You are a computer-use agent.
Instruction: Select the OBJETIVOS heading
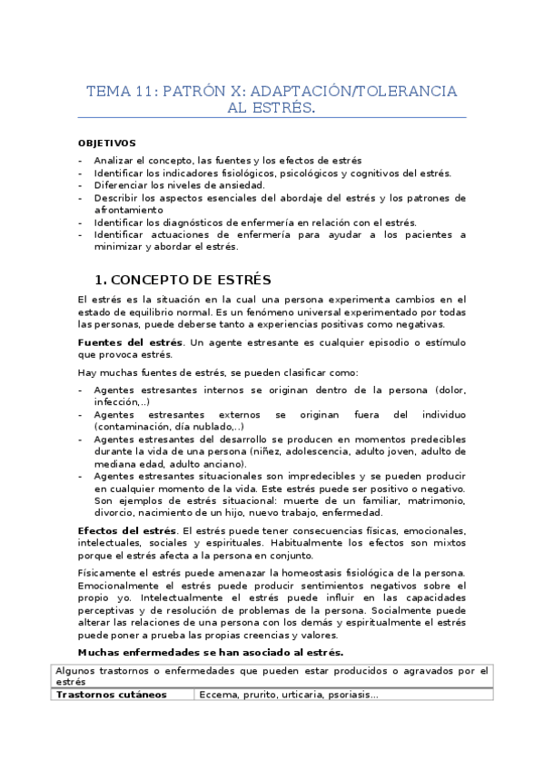[106, 143]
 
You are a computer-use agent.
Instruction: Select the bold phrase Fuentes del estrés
[130, 342]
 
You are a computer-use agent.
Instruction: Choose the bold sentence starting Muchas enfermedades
[211, 652]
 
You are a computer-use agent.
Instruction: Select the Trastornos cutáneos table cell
[112, 695]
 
